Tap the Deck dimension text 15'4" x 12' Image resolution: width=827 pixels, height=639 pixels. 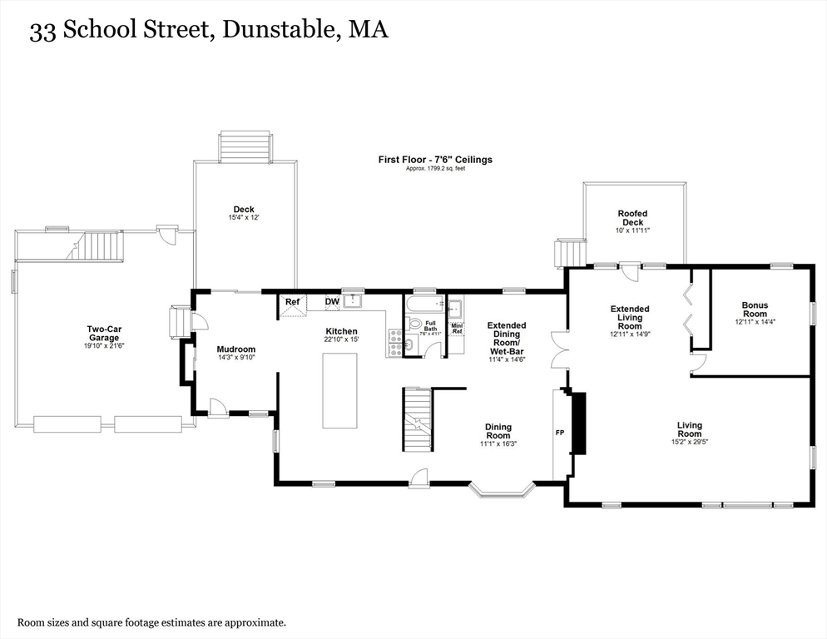click(x=244, y=218)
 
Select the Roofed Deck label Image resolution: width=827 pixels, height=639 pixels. click(x=632, y=218)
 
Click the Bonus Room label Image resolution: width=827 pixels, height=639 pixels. click(x=755, y=310)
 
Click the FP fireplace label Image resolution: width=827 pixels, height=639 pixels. click(x=560, y=433)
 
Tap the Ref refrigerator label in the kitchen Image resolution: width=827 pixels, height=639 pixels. click(x=292, y=302)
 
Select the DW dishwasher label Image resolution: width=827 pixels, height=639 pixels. click(x=332, y=302)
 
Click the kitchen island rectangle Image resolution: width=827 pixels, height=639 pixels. click(x=339, y=390)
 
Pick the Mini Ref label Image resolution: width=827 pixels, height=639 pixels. click(x=456, y=328)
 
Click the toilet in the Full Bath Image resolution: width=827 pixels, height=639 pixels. click(x=415, y=324)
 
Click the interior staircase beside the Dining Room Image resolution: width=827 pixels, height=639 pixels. click(x=418, y=419)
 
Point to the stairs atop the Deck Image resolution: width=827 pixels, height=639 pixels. click(x=245, y=146)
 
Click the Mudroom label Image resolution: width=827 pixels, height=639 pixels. click(x=235, y=349)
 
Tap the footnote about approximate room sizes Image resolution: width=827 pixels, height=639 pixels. click(x=151, y=622)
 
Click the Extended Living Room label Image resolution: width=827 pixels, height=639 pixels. click(x=629, y=318)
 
